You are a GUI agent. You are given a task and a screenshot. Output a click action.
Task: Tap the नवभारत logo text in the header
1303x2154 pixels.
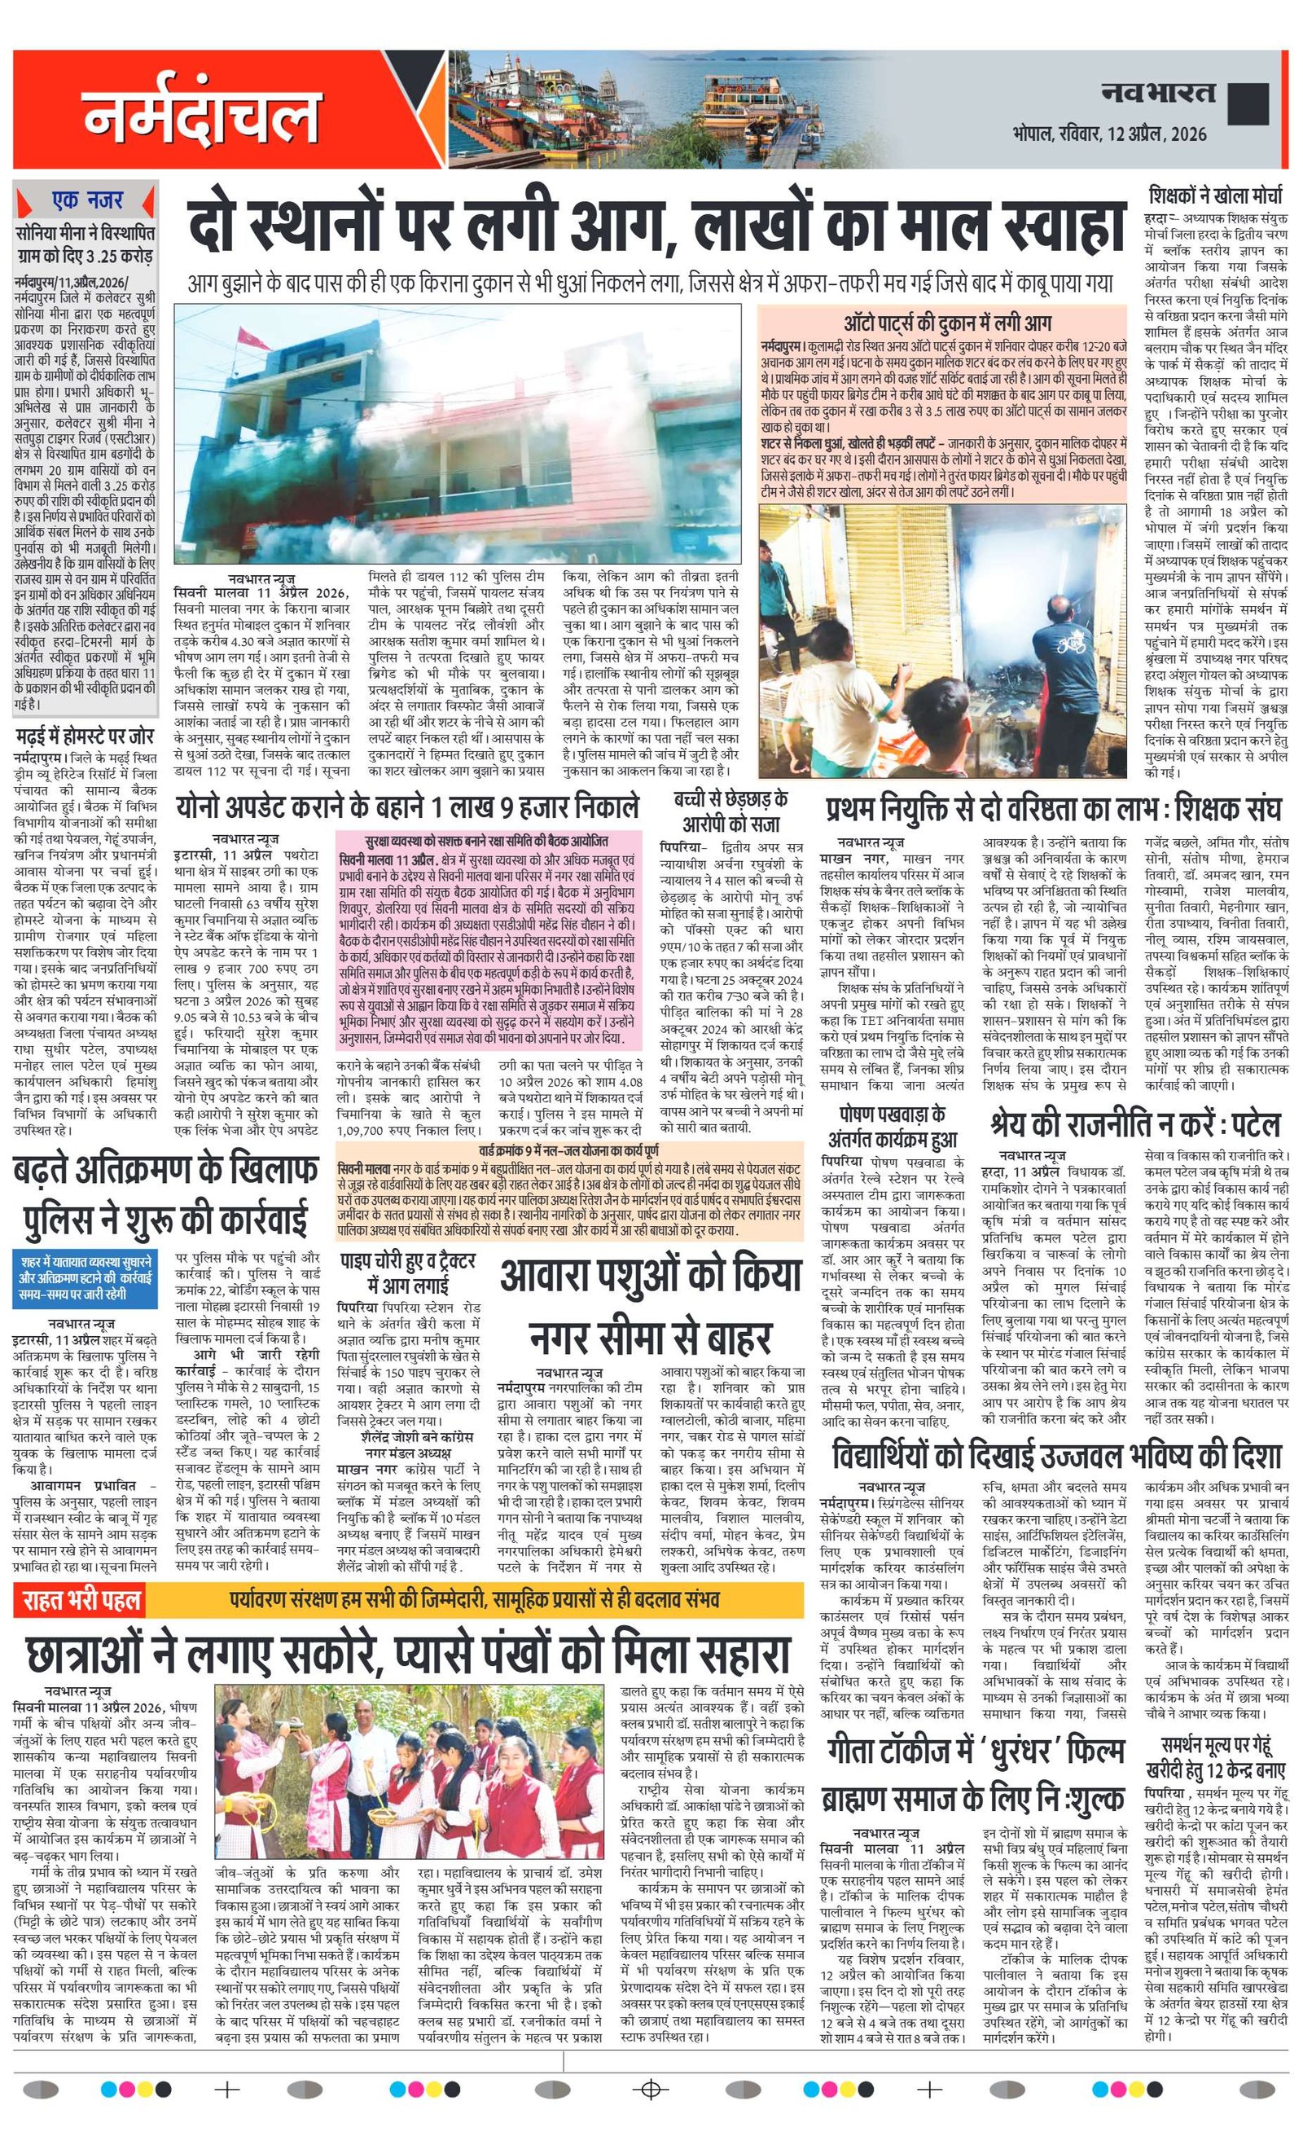pyautogui.click(x=1158, y=92)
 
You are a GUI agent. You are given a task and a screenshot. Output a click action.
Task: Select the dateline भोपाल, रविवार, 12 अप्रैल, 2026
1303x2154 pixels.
pyautogui.click(x=1110, y=133)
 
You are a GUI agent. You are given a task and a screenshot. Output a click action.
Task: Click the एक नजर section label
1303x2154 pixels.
pyautogui.click(x=86, y=200)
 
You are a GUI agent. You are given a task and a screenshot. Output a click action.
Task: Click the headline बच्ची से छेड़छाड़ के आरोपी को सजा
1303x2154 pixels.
pyautogui.click(x=730, y=811)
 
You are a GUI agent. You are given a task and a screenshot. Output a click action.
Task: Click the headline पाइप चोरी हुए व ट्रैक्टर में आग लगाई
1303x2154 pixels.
pyautogui.click(x=408, y=1272)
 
